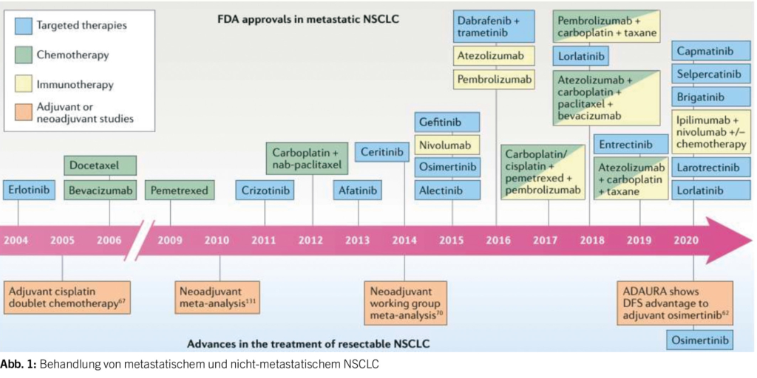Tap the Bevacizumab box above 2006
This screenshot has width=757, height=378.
click(101, 191)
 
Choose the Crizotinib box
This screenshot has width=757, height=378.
click(265, 191)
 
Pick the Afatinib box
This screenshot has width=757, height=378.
click(359, 191)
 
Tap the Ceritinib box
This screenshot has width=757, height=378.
click(382, 153)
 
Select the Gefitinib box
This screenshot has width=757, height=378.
click(447, 123)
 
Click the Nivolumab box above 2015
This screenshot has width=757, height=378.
click(447, 145)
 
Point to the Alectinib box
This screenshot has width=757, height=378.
click(447, 190)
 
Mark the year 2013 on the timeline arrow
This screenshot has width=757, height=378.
click(358, 240)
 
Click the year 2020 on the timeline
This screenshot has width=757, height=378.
click(687, 240)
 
